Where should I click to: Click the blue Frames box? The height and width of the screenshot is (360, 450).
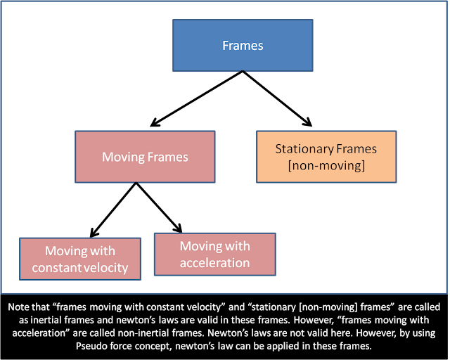pyautogui.click(x=242, y=46)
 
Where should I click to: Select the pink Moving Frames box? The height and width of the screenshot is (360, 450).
pyautogui.click(x=145, y=157)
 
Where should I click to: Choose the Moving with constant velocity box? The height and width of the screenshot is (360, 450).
pyautogui.click(x=80, y=259)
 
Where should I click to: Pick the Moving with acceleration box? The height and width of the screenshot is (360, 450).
pyautogui.click(x=214, y=255)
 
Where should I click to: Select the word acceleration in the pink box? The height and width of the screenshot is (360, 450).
pyautogui.click(x=214, y=263)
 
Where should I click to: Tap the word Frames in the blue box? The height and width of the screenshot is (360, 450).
pyautogui.click(x=242, y=46)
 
